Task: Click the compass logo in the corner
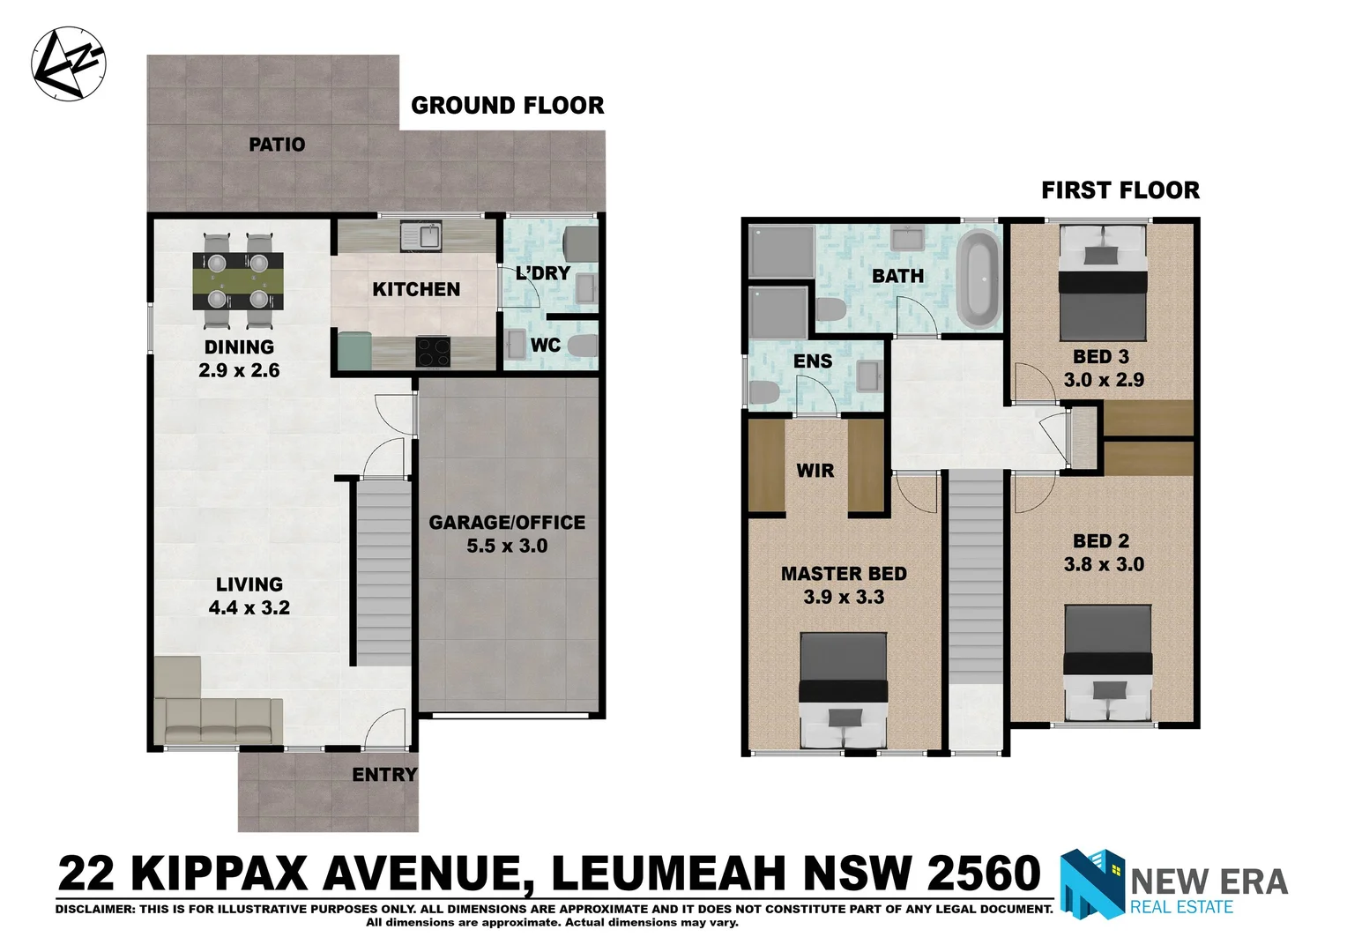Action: coord(68,63)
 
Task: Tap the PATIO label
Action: coord(277,145)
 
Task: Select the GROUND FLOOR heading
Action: coord(508,106)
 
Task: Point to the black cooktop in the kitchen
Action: coord(433,353)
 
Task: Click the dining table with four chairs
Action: coord(239,280)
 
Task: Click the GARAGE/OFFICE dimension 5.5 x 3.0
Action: coord(507,546)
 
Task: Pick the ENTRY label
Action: coord(384,775)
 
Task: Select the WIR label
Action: coord(815,471)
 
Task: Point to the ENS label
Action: coord(812,361)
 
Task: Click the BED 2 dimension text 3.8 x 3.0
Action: coord(1104,564)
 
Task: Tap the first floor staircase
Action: coord(976,582)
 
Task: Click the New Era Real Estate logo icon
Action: coord(1092,884)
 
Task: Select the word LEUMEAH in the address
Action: coord(669,874)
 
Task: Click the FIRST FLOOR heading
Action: coord(1120,190)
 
